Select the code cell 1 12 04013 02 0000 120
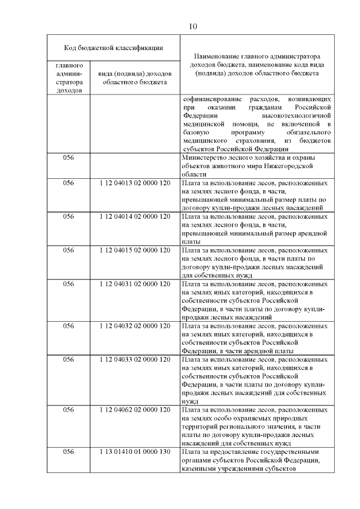(x=134, y=183)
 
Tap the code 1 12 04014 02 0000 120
(x=134, y=216)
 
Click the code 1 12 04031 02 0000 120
(x=134, y=283)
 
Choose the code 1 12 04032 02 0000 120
(x=134, y=325)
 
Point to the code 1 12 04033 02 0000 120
(x=134, y=359)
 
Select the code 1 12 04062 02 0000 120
(x=134, y=409)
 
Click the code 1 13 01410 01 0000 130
(x=134, y=452)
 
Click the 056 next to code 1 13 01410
(x=69, y=452)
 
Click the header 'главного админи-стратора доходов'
(x=69, y=78)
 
